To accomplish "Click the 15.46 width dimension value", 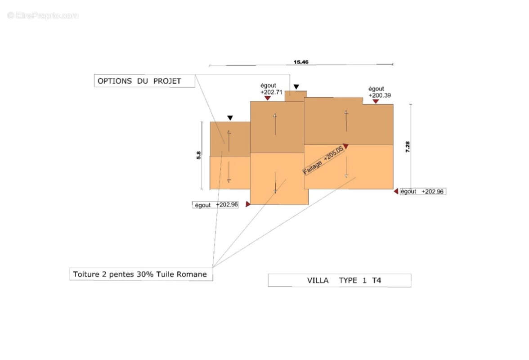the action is pyautogui.click(x=301, y=62).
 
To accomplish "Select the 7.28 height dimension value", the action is pyautogui.click(x=408, y=147).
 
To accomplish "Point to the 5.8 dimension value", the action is pyautogui.click(x=199, y=155).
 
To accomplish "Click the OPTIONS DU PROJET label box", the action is pyautogui.click(x=144, y=81).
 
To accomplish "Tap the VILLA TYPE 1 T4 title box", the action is pyautogui.click(x=339, y=280).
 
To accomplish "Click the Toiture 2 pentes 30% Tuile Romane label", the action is pyautogui.click(x=140, y=274).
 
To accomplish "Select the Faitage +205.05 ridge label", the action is pyautogui.click(x=323, y=160).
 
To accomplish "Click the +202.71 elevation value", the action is pyautogui.click(x=271, y=92).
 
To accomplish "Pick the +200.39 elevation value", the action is pyautogui.click(x=380, y=95).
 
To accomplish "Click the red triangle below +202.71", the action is pyautogui.click(x=268, y=98).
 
